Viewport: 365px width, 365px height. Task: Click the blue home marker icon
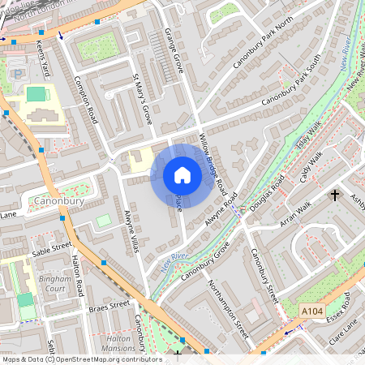click(x=182, y=175)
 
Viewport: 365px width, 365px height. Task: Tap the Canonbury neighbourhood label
click(x=54, y=200)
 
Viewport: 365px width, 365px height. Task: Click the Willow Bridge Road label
click(x=213, y=162)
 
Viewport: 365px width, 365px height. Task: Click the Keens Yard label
click(x=46, y=58)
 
